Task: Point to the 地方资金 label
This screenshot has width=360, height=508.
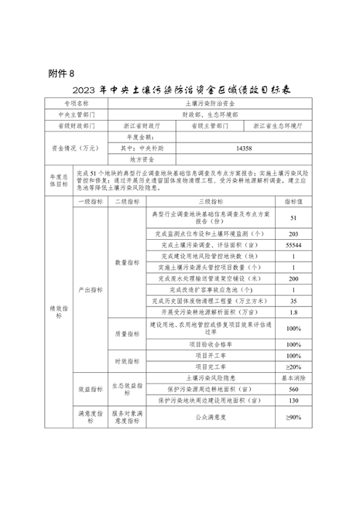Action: coord(143,157)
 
